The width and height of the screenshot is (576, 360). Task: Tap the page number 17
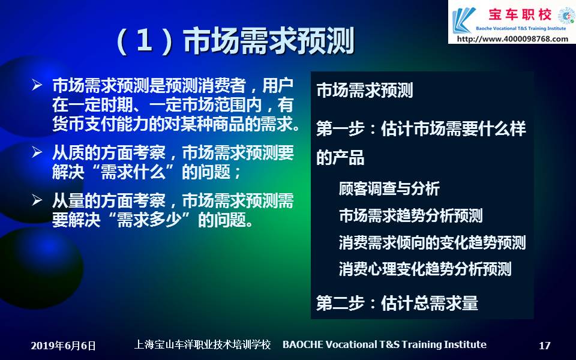click(544, 346)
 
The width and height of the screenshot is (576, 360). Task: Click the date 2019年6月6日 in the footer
click(63, 346)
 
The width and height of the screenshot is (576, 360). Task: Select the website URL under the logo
click(512, 39)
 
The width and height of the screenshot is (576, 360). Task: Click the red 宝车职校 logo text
click(520, 14)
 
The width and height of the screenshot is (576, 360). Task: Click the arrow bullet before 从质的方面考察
click(37, 151)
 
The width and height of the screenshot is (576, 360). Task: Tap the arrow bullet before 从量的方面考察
click(37, 200)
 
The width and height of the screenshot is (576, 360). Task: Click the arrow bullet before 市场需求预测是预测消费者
click(37, 85)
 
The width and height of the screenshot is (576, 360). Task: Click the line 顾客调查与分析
click(389, 189)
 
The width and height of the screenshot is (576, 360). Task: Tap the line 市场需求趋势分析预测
click(410, 215)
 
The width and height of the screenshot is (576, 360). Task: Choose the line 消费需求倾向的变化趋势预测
click(433, 242)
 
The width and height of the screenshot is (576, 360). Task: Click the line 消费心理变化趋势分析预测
click(425, 269)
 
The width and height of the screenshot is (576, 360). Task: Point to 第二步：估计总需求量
click(397, 304)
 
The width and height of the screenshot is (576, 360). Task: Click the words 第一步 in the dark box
click(340, 129)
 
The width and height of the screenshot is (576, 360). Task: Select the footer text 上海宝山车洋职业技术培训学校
click(202, 344)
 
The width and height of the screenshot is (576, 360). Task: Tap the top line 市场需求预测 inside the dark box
click(364, 91)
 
